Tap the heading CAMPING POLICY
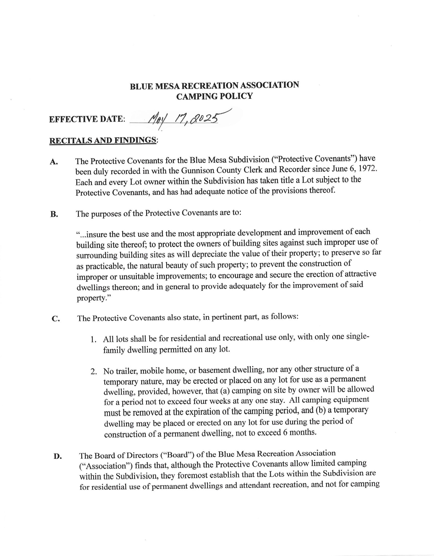pyautogui.click(x=214, y=96)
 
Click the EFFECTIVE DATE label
pyautogui.click(x=87, y=119)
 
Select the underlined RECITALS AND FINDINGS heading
pyautogui.click(x=103, y=140)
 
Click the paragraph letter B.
pyautogui.click(x=54, y=214)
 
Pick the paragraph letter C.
pyautogui.click(x=56, y=319)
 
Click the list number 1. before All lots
pyautogui.click(x=93, y=340)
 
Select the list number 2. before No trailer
pyautogui.click(x=94, y=372)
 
